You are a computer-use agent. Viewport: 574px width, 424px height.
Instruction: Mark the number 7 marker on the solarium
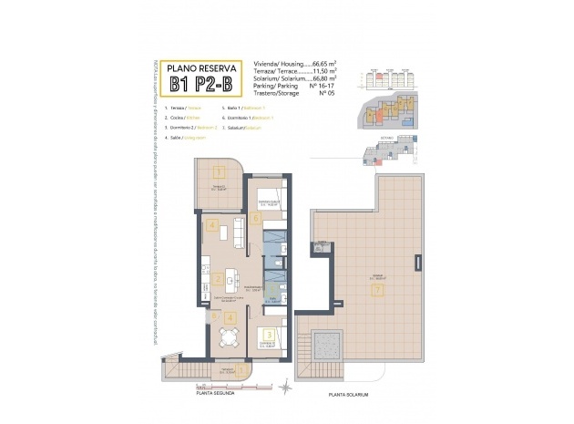[x=376, y=290]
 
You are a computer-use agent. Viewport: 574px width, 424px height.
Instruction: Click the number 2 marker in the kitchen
[x=219, y=280]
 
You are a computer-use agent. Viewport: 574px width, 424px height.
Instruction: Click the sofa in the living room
[x=239, y=233]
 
